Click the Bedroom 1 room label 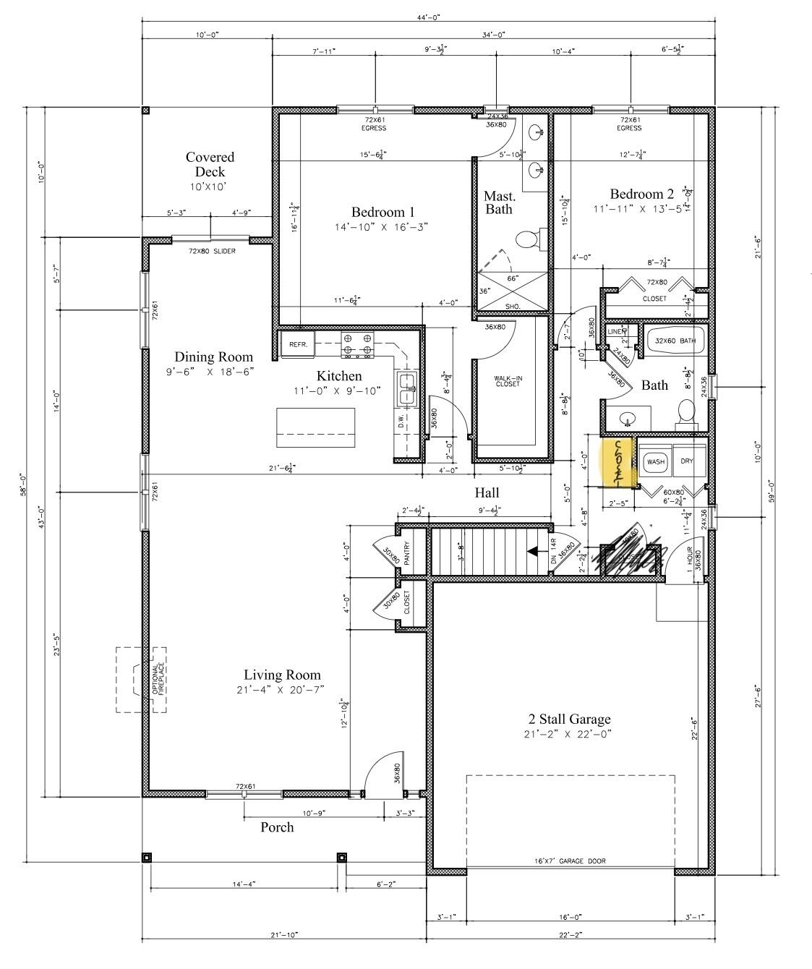(x=383, y=212)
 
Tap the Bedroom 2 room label (x=641, y=194)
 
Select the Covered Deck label (x=210, y=165)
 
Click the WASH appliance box (x=655, y=461)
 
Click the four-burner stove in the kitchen (x=358, y=344)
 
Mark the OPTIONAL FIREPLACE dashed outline (x=142, y=680)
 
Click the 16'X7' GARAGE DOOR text (x=570, y=861)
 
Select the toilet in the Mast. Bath (x=529, y=239)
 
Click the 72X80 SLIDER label (x=212, y=251)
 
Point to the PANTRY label (x=406, y=553)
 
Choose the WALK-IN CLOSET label (x=506, y=382)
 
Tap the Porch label (x=277, y=827)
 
